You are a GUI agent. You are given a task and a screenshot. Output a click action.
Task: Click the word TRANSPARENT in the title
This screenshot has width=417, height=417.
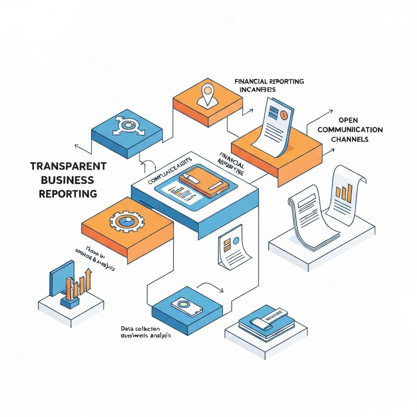coord(68,166)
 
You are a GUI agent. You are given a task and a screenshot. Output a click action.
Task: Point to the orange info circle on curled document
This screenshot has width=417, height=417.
coord(284,115)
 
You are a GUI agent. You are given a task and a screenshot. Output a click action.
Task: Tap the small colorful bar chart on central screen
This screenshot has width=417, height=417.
coord(181,190)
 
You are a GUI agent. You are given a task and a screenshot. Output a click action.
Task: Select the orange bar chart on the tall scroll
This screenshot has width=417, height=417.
coord(345,194)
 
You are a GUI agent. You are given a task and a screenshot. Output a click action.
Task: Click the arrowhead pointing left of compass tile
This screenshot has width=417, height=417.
coord(76,145)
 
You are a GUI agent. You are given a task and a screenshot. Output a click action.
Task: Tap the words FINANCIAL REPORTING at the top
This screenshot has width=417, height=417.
coord(269,81)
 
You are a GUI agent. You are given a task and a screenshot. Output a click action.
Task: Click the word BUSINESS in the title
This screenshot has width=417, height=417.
coord(68,180)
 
